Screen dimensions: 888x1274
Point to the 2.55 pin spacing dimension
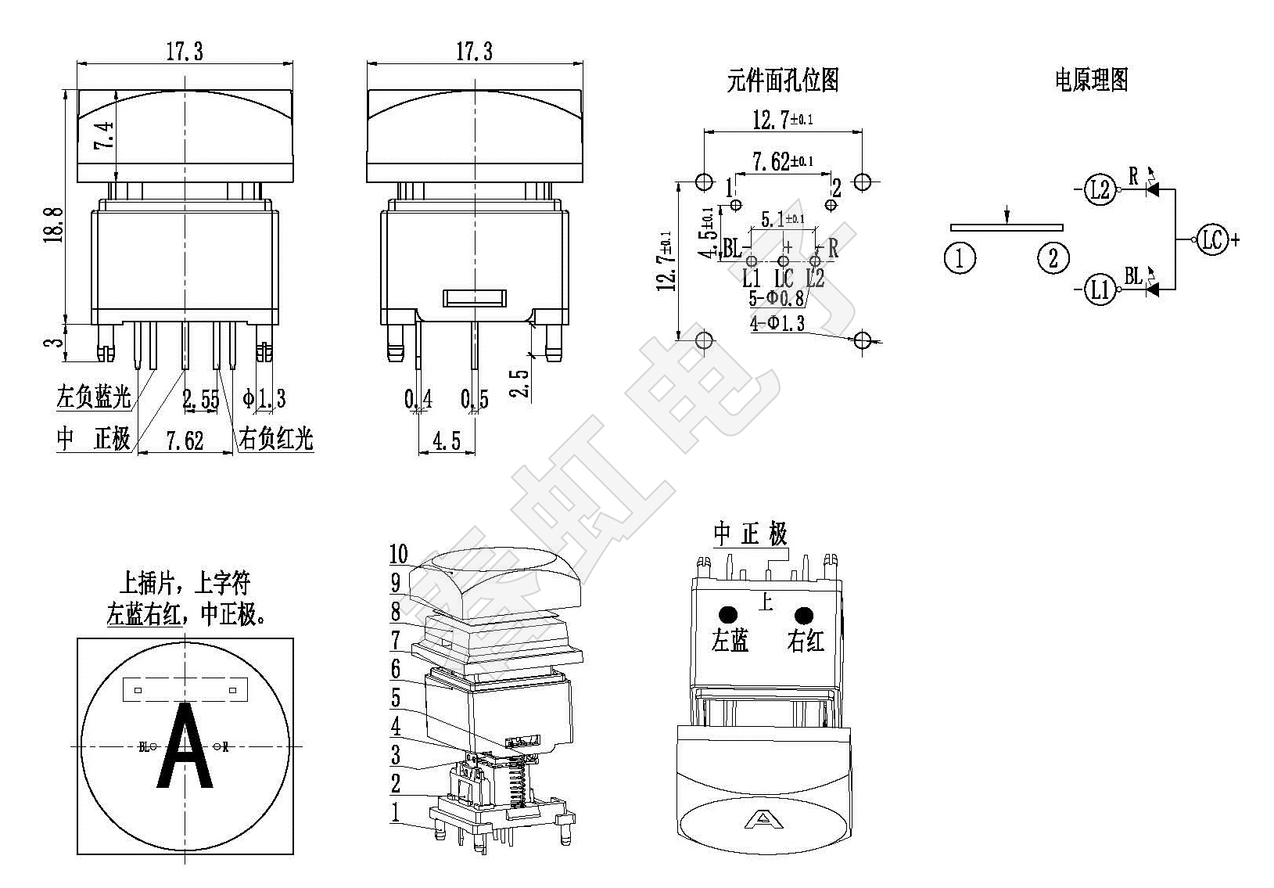tap(200, 400)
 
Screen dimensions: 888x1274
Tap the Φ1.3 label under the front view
tap(264, 400)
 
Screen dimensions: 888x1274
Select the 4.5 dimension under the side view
tap(446, 441)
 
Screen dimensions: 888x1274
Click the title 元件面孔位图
tap(782, 80)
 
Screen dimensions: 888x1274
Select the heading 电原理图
tap(1091, 80)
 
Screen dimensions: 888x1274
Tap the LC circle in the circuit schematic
tap(1211, 240)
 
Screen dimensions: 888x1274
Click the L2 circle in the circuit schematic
tap(1100, 189)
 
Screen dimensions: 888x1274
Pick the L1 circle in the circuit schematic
tap(1100, 290)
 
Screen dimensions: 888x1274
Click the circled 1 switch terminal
tap(960, 257)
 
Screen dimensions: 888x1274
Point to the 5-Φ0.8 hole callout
tap(776, 299)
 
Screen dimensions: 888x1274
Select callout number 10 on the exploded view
tap(399, 555)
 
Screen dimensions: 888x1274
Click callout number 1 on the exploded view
tap(396, 812)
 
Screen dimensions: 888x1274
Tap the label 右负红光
tap(275, 439)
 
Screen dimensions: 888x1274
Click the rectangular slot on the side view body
tap(475, 298)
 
